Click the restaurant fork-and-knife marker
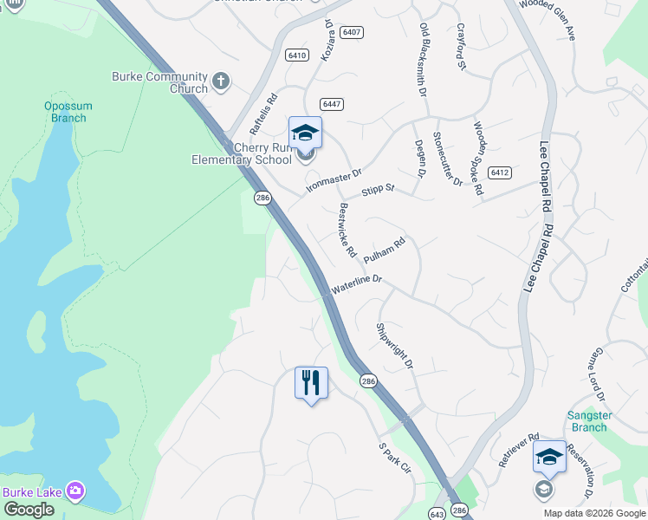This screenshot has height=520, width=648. point(311,382)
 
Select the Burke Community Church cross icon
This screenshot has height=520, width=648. point(221,82)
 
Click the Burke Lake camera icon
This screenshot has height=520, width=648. point(75,491)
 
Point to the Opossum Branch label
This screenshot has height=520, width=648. point(68,112)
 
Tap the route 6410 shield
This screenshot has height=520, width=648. point(296,55)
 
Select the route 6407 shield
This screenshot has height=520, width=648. point(351,32)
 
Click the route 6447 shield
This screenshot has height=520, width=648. point(332,104)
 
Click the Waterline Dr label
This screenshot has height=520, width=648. point(355,285)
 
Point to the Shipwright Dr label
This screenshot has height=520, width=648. point(394,346)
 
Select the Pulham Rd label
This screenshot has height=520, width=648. point(385,251)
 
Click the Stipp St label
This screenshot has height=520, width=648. point(378,188)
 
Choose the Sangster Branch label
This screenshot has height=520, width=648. point(589,421)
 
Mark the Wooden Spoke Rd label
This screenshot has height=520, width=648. point(477,157)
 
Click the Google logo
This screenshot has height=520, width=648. point(28,510)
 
